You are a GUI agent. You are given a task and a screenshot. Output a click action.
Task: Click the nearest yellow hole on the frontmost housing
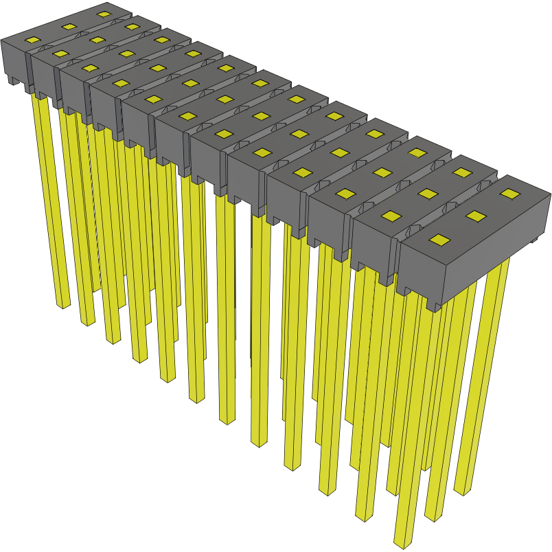440,240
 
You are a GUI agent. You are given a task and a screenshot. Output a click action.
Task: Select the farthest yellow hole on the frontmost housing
509,194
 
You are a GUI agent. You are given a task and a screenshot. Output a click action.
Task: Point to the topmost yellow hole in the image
104,14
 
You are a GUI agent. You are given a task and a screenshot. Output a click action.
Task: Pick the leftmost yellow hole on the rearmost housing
33,41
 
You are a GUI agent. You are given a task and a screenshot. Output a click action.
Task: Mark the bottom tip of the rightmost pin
461,490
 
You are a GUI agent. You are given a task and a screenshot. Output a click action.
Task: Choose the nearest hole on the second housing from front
391,216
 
